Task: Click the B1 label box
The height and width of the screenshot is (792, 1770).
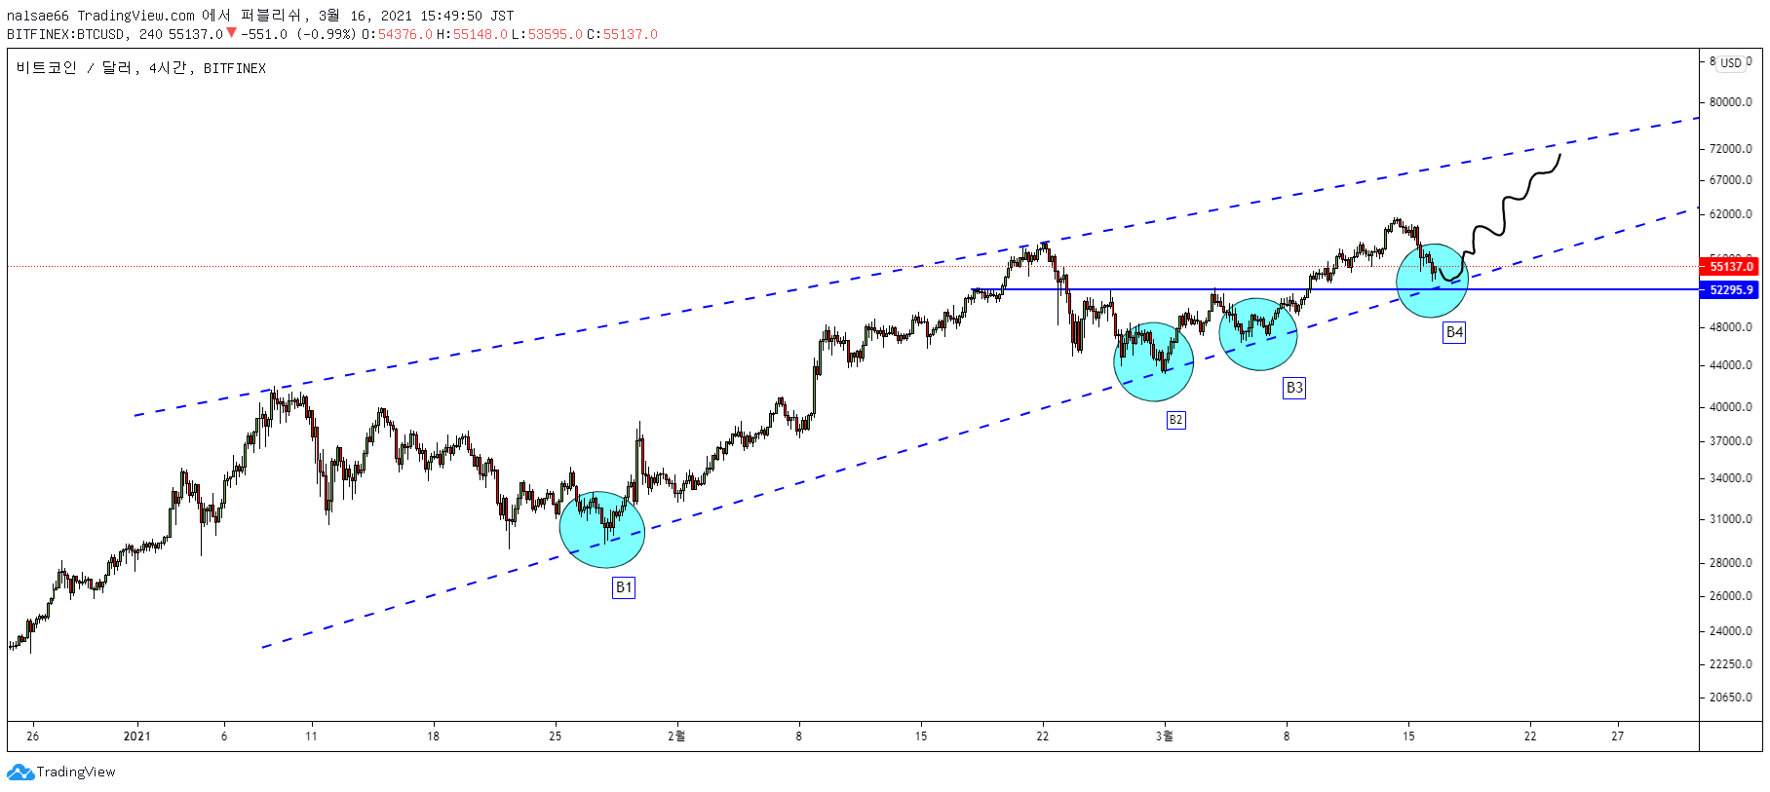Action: click(624, 587)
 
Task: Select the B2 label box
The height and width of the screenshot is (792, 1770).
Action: click(1176, 420)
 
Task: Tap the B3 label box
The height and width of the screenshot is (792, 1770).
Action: click(1294, 388)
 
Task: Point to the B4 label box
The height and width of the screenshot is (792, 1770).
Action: click(1454, 332)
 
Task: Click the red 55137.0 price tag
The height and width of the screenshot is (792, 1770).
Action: click(1731, 266)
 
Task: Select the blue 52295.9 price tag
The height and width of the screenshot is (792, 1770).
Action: click(1731, 289)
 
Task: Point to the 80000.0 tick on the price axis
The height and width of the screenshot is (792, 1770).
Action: click(1731, 101)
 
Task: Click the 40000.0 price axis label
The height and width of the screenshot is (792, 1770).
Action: click(1731, 406)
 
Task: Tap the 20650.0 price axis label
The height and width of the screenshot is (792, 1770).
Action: click(1731, 697)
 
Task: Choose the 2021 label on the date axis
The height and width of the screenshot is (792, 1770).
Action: click(137, 735)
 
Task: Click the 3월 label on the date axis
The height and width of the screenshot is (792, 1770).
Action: click(1165, 735)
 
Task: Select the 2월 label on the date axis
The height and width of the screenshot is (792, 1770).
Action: click(676, 735)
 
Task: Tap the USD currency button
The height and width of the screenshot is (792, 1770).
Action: click(1731, 62)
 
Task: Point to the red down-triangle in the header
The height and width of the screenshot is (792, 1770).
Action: click(231, 33)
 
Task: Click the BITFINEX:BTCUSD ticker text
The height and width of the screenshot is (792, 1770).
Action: click(66, 34)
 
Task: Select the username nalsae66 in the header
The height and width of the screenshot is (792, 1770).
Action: click(38, 16)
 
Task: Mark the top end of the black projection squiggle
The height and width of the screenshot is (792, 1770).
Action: click(1560, 154)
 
